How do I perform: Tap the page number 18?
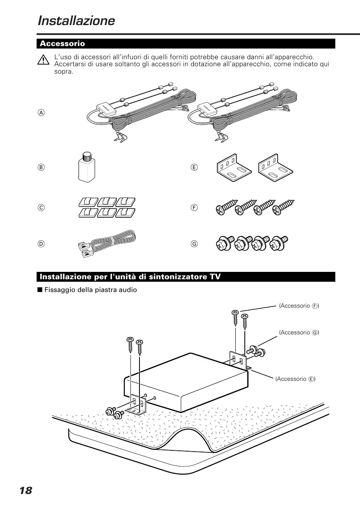[x=26, y=490]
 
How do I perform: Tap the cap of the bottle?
[x=86, y=156]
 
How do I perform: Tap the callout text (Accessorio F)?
[x=299, y=306]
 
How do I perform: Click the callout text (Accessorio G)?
[x=299, y=332]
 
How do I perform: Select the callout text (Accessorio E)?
[x=295, y=378]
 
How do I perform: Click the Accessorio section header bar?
[x=186, y=44]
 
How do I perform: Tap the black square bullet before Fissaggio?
[x=40, y=290]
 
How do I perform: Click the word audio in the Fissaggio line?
[x=128, y=290]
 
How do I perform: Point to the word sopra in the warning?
[x=63, y=72]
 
